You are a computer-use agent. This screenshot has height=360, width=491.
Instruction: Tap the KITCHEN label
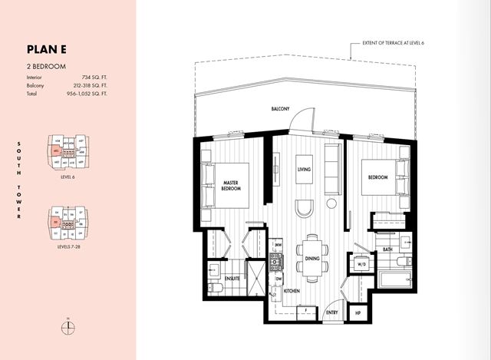click(x=292, y=292)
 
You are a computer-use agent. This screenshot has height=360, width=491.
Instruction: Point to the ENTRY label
click(x=333, y=313)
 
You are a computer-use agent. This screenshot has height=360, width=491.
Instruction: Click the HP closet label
click(x=357, y=313)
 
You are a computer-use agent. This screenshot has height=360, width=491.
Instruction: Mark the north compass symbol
click(x=68, y=325)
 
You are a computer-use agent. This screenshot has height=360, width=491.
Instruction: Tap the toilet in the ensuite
click(x=216, y=286)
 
